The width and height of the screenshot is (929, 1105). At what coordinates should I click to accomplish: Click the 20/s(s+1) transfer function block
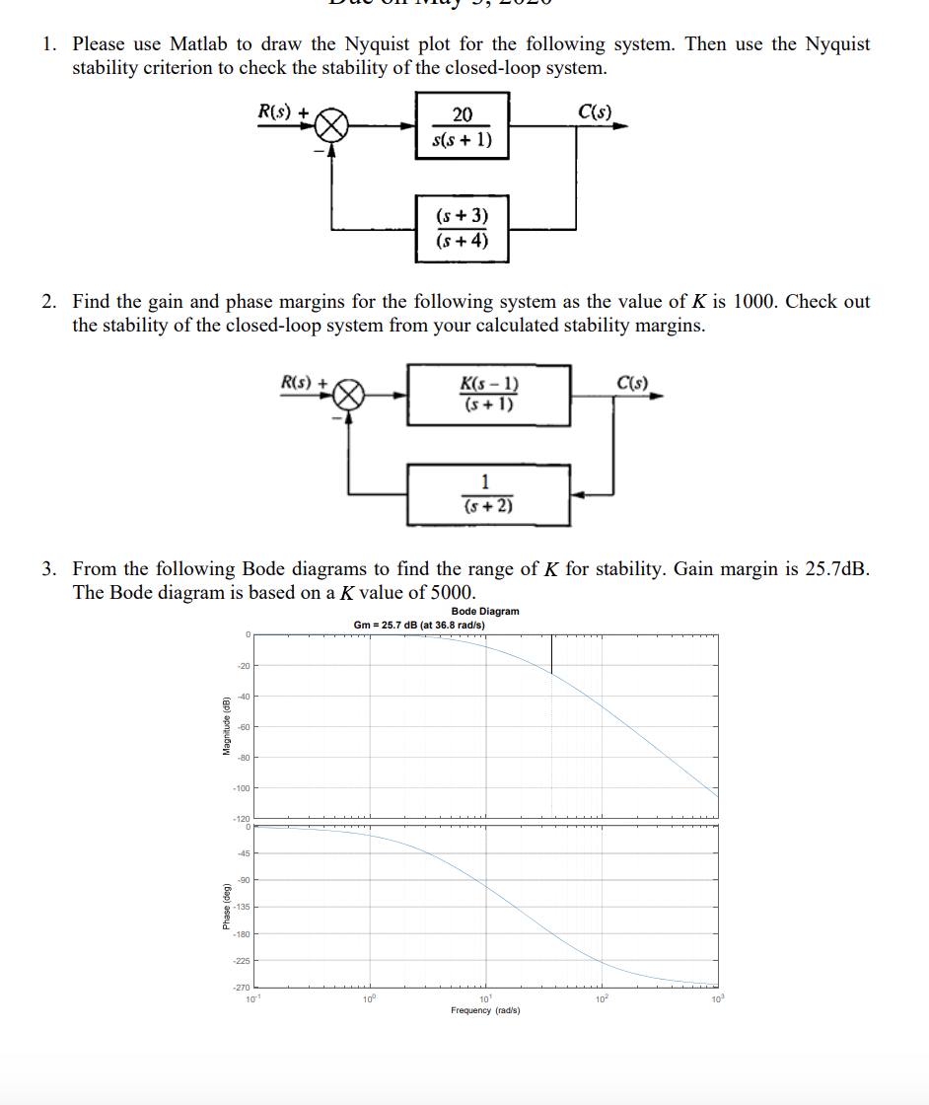point(462,126)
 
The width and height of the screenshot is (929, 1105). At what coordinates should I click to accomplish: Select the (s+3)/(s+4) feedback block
point(462,229)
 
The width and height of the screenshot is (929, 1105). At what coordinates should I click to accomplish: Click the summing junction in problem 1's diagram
point(332,126)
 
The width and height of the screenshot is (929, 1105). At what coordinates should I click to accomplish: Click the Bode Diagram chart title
point(483,612)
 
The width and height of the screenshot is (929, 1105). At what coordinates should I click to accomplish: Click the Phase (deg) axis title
point(225,906)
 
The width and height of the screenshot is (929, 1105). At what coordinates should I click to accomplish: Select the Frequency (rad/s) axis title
point(485,1011)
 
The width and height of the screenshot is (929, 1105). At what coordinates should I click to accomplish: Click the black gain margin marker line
point(551,653)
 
